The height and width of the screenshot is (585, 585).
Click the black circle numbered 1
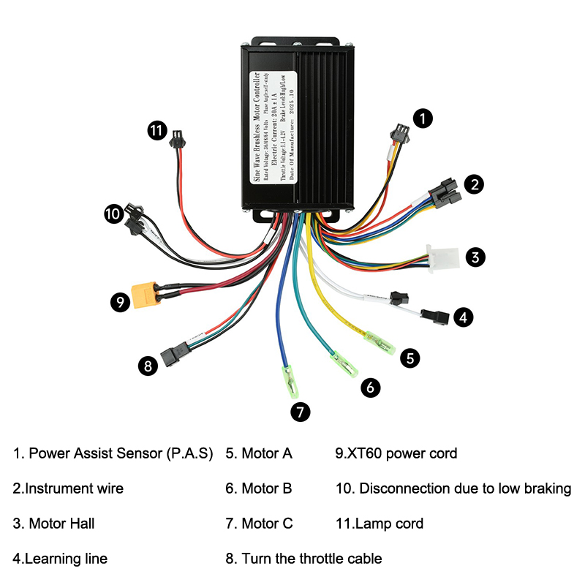pyautogui.click(x=423, y=117)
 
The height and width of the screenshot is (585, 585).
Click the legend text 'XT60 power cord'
pyautogui.click(x=396, y=453)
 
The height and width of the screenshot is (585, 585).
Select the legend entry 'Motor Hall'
pyautogui.click(x=53, y=524)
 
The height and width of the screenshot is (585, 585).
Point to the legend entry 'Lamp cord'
pyautogui.click(x=380, y=524)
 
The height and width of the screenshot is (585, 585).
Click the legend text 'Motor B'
pyautogui.click(x=259, y=488)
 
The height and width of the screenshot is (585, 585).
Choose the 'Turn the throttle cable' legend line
pyautogui.click(x=303, y=559)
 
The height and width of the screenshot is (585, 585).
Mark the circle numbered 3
pyautogui.click(x=475, y=257)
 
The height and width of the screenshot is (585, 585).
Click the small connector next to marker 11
pyautogui.click(x=178, y=139)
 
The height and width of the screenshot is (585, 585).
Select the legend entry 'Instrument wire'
pyautogui.click(x=68, y=488)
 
